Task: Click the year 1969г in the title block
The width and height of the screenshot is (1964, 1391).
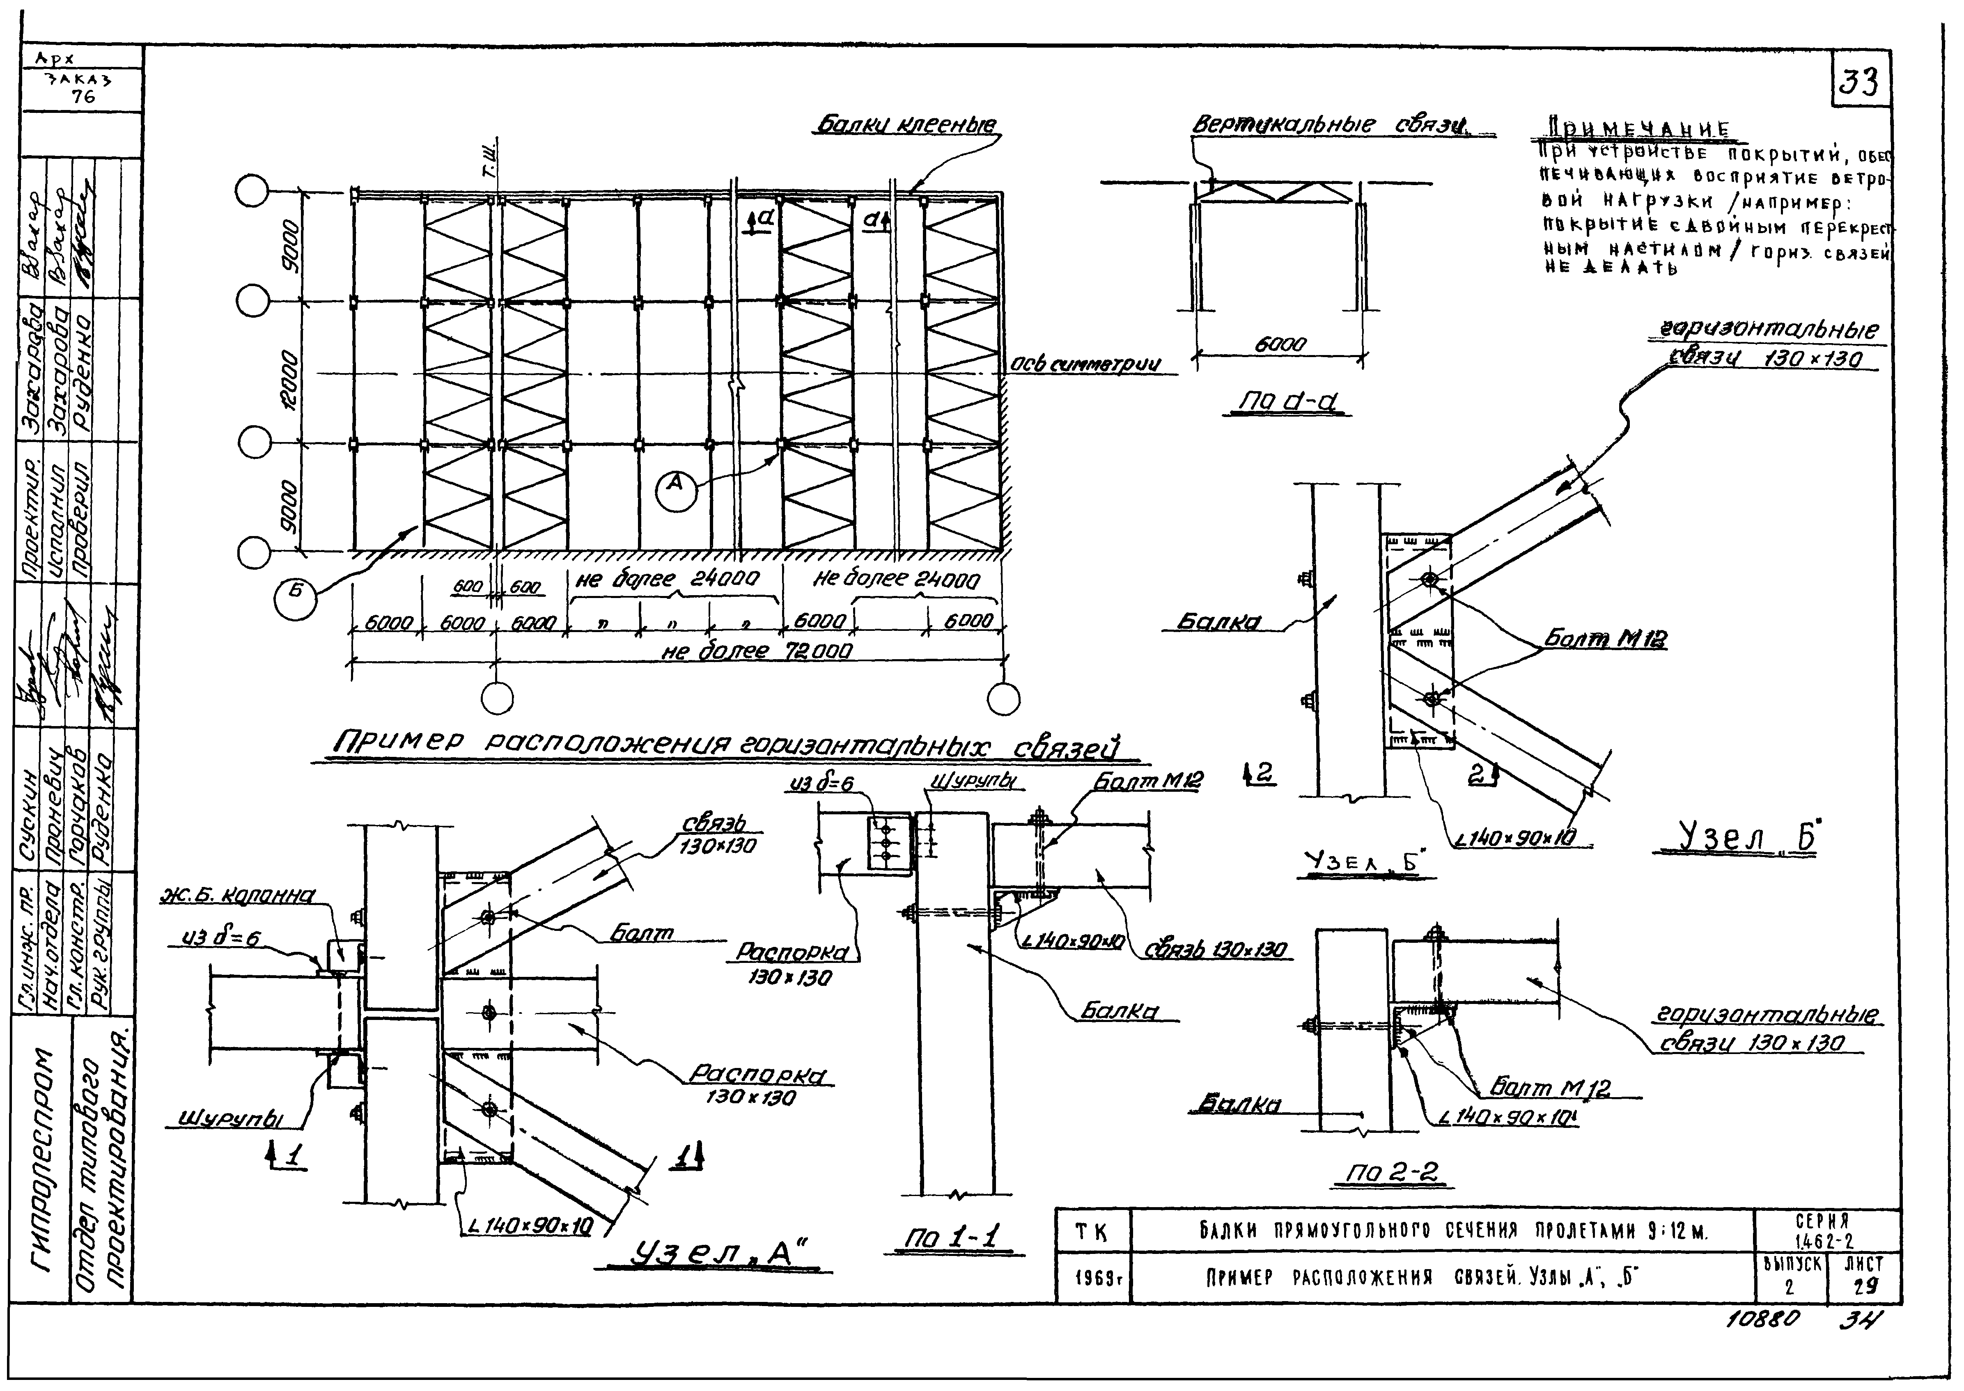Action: click(x=1097, y=1280)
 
